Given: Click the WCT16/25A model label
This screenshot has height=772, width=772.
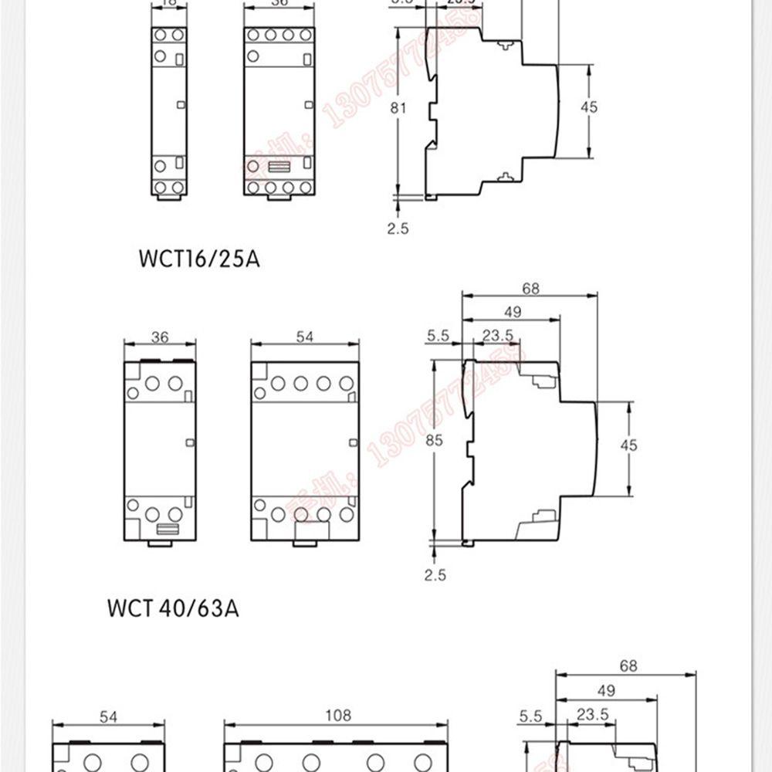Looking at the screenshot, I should pos(199,259).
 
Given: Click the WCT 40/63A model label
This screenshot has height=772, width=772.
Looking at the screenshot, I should pos(173,608).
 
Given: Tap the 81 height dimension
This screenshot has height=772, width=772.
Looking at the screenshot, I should pos(398,108).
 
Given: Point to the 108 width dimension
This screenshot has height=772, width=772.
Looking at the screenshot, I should pos(337,716).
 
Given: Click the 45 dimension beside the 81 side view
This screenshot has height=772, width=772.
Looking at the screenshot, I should pos(589,107).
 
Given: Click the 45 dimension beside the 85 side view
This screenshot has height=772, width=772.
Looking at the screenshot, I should pos(629,445).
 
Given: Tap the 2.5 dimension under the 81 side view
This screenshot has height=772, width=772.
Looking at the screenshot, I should pos(398,229).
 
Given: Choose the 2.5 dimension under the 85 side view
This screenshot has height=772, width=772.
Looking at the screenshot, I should pos(435,574).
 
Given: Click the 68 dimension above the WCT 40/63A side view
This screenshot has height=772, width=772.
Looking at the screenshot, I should pos(530,289).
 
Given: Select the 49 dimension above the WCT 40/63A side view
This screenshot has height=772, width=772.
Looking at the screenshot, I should pos(512,312).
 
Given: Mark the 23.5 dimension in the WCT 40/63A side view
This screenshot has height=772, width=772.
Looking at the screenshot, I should pos(498,335).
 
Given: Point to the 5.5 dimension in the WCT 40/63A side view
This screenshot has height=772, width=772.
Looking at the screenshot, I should pos(438,335).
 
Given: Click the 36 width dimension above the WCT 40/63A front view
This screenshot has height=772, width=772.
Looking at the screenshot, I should pos(160,337).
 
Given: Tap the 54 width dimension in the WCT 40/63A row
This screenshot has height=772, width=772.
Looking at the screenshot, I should pos(305,337).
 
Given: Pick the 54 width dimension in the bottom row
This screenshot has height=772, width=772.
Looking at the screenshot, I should pos(109,717).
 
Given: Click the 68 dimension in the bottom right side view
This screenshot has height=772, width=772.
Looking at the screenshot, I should pos(628,665).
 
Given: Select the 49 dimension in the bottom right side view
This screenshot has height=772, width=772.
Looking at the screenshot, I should pos(607,690).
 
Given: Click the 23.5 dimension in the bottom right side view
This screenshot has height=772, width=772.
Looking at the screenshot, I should pos(593,715).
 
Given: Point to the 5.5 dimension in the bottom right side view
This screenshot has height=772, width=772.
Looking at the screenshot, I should pos(530,716).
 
